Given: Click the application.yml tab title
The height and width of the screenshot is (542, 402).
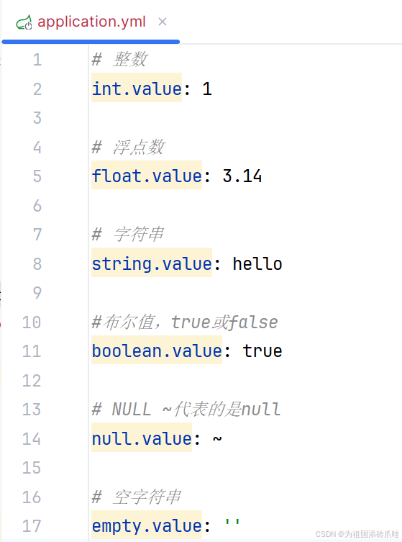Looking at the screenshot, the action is pos(91,22).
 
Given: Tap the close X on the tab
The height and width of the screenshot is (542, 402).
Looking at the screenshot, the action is pos(163,22).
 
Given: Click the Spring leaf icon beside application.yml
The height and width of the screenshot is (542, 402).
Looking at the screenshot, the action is pos(24,22).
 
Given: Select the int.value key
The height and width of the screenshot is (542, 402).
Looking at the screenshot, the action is pos(137,89).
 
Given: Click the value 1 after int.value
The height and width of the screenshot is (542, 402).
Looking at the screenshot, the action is pos(207,89).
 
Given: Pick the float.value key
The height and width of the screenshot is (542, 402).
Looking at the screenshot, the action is pos(147,176).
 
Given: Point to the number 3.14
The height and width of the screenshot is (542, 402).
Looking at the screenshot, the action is pos(242,176).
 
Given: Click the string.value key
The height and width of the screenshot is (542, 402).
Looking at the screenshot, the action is pos(152,264).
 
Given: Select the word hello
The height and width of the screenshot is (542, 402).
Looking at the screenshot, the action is pos(257,263).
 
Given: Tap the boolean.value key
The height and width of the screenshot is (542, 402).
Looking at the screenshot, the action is pos(157,351).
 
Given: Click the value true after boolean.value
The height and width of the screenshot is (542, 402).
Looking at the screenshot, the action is pos(262,351).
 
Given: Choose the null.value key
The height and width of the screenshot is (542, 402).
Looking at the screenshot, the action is pos(142,439).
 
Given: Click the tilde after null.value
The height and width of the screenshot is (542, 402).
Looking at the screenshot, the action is pos(217,438).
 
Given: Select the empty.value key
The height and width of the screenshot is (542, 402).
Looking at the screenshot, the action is pos(147,526).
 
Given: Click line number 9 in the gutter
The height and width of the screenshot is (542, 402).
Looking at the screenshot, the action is pos(37,293).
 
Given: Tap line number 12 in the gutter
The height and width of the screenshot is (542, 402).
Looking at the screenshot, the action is pos(32,381).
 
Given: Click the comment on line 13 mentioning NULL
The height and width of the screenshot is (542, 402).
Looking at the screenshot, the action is pos(186,410).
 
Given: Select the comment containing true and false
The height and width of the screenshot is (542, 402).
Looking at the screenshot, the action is pos(185,322).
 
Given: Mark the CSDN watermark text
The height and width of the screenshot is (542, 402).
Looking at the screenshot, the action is pos(357,534).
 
